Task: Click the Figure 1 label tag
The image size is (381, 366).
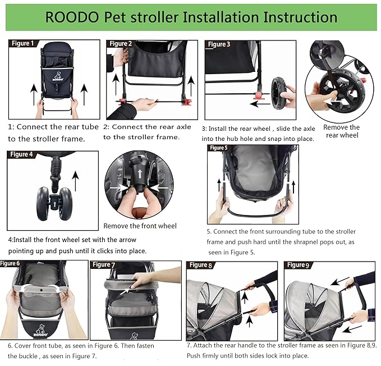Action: point(22,43)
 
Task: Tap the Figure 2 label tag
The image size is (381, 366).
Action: point(121,44)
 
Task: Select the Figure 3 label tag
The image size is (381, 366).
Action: point(219,44)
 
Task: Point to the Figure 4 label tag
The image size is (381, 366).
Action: point(22,154)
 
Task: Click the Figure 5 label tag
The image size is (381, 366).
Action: point(219,148)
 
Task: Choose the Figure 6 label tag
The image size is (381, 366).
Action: point(11,263)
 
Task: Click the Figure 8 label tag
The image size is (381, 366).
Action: point(201,265)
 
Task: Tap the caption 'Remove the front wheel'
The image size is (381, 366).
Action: point(140,226)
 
